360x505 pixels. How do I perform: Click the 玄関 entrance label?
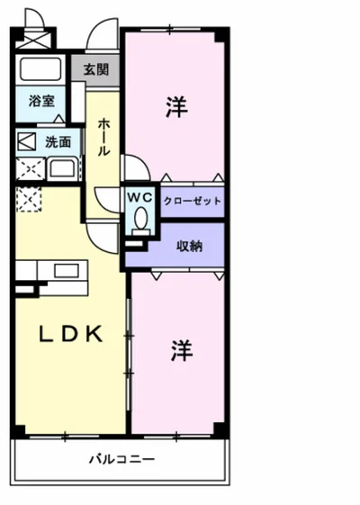coord(96,69)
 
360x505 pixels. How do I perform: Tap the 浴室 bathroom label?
coord(41,101)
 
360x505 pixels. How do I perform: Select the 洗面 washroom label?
coord(58,142)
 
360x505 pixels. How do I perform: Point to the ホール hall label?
coord(103,137)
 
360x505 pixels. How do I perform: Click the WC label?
coord(139,197)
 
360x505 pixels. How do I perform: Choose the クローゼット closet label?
coord(193,202)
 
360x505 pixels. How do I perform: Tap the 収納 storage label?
coord(189,246)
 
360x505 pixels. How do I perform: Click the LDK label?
coord(71,334)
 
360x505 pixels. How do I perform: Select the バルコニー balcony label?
coord(122,459)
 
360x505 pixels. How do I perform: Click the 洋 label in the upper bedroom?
coord(176,107)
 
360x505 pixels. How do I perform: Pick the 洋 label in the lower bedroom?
coord(182,350)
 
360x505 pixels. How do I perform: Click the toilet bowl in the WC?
coord(140,218)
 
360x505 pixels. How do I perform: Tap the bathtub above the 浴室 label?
coord(40,69)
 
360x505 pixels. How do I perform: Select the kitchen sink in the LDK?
coord(67,271)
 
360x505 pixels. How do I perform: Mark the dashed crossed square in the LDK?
coord(29,200)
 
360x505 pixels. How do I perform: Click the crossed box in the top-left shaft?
coord(32,40)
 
